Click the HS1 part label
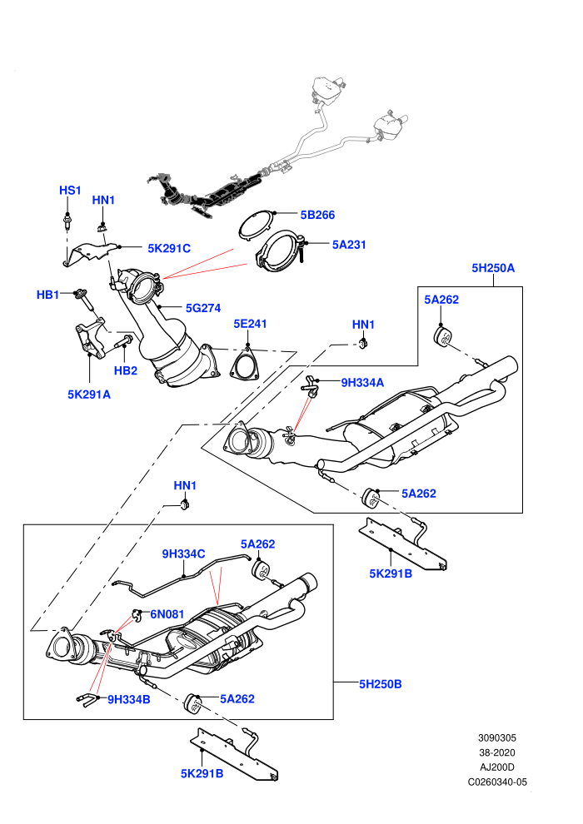pyautogui.click(x=70, y=191)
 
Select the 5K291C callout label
pyautogui.click(x=169, y=249)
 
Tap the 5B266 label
pyautogui.click(x=317, y=215)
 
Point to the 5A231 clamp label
pyautogui.click(x=349, y=245)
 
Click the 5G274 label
pyautogui.click(x=203, y=309)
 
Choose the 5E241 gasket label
pyautogui.click(x=250, y=324)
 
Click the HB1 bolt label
pyautogui.click(x=47, y=295)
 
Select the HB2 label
pyautogui.click(x=126, y=370)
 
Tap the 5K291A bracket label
pyautogui.click(x=89, y=395)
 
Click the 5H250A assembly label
pyautogui.click(x=493, y=268)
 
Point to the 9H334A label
pyautogui.click(x=363, y=383)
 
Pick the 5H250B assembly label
pyautogui.click(x=381, y=684)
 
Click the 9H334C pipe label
pyautogui.click(x=183, y=553)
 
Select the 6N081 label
pyautogui.click(x=167, y=613)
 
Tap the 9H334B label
pyautogui.click(x=129, y=699)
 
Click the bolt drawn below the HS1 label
pyautogui.click(x=67, y=221)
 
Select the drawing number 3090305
pyautogui.click(x=496, y=738)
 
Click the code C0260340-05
pyautogui.click(x=497, y=782)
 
